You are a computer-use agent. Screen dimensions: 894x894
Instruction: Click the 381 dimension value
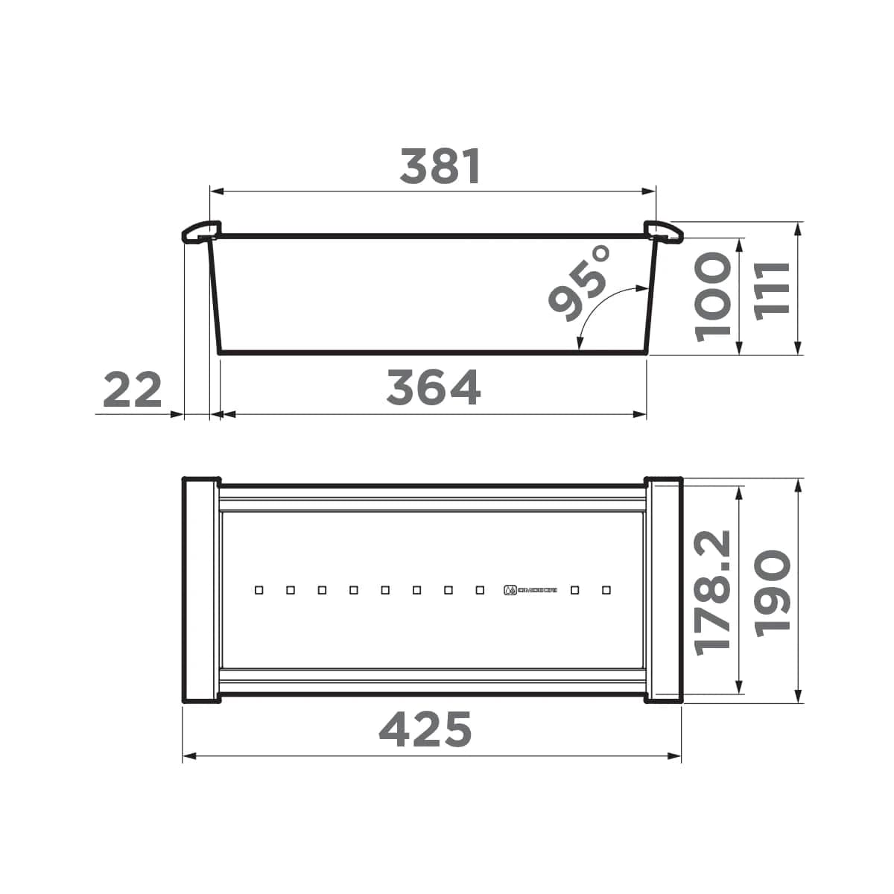click(440, 166)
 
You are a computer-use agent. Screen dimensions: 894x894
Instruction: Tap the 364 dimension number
click(434, 388)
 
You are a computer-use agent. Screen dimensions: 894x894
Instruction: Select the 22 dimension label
click(132, 390)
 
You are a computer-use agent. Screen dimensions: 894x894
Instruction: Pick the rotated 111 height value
click(771, 291)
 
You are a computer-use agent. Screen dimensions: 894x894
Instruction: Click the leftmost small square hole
click(259, 590)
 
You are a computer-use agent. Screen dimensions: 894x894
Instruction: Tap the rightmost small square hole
click(606, 590)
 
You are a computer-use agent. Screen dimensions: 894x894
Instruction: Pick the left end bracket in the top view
click(200, 589)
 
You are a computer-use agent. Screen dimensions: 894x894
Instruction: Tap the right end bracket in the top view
click(664, 589)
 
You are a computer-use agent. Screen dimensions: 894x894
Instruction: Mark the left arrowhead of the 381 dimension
click(217, 191)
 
